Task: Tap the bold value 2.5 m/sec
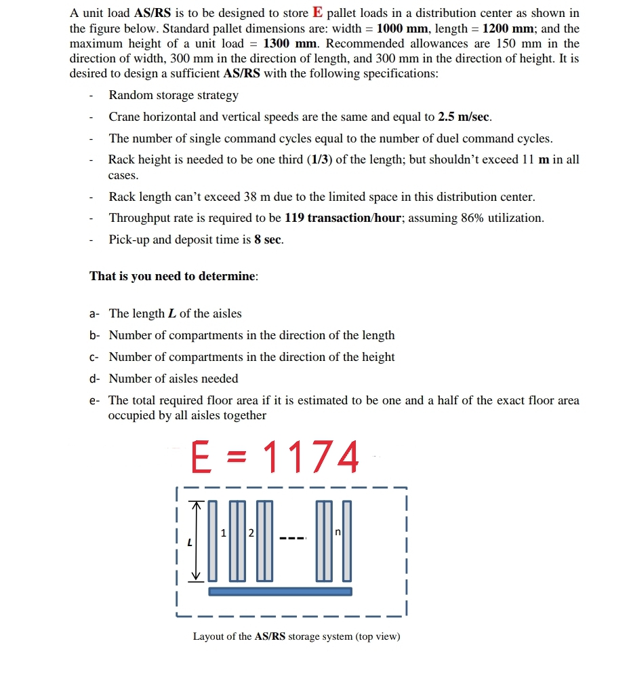pos(464,117)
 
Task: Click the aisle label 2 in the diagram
pos(251,533)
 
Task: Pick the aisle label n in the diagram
pos(335,533)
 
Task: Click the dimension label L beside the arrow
pos(189,543)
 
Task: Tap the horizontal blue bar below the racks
pos(280,592)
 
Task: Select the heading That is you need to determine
pos(174,276)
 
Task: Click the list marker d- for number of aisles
pos(95,379)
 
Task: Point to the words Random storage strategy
pos(174,95)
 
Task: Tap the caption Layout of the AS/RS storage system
pos(296,636)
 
